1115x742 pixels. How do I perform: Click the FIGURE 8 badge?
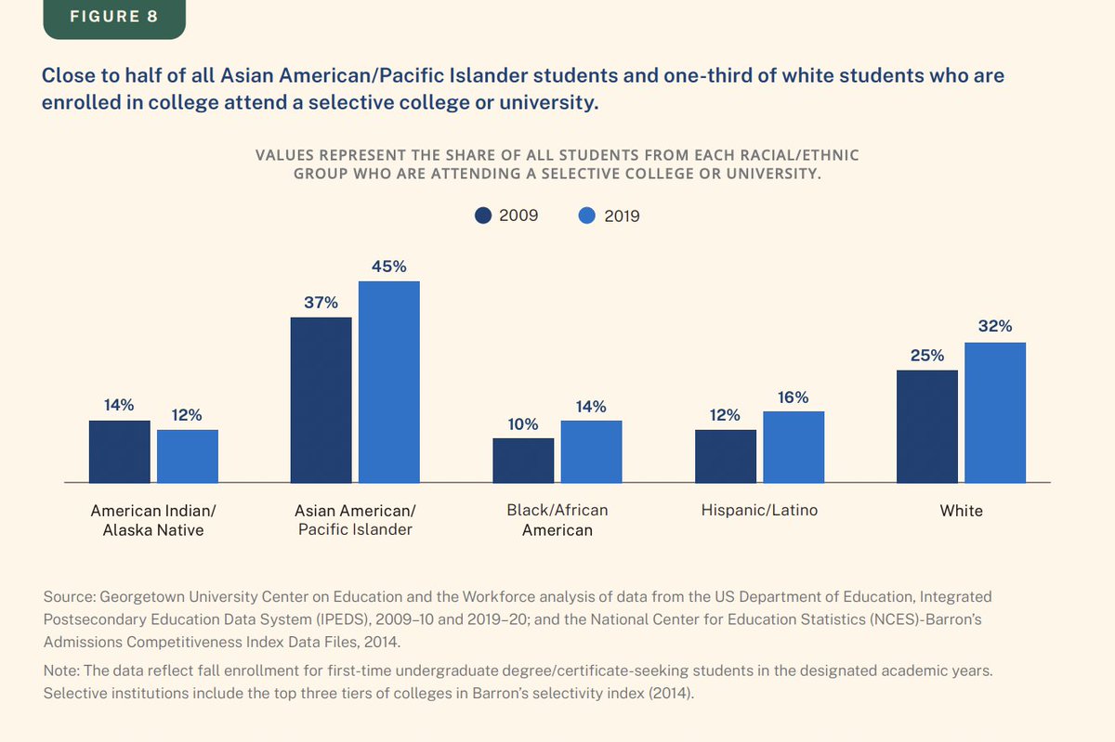[x=114, y=17]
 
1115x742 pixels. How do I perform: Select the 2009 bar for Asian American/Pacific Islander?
[x=321, y=399]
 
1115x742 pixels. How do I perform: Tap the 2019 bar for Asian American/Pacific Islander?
[x=388, y=382]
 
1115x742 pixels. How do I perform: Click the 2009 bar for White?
[x=926, y=426]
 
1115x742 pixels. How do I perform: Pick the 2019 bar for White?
[x=994, y=412]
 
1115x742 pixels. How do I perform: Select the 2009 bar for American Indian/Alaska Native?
[x=119, y=451]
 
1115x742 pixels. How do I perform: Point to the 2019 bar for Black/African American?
[x=591, y=451]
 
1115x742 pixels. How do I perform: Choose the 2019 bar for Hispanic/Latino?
[x=794, y=447]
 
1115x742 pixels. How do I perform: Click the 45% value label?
[x=388, y=267]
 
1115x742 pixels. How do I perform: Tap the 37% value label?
[x=321, y=303]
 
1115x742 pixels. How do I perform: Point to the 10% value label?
[x=523, y=424]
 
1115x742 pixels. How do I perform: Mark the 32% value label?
[x=994, y=327]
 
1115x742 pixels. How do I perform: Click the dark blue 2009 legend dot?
[x=483, y=215]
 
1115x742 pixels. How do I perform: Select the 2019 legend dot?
[x=586, y=215]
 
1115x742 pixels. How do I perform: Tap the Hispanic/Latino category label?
[x=759, y=511]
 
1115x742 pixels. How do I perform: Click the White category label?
[x=961, y=511]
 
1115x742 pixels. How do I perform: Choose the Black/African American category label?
[x=557, y=520]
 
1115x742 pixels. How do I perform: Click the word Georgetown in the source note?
[x=133, y=596]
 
